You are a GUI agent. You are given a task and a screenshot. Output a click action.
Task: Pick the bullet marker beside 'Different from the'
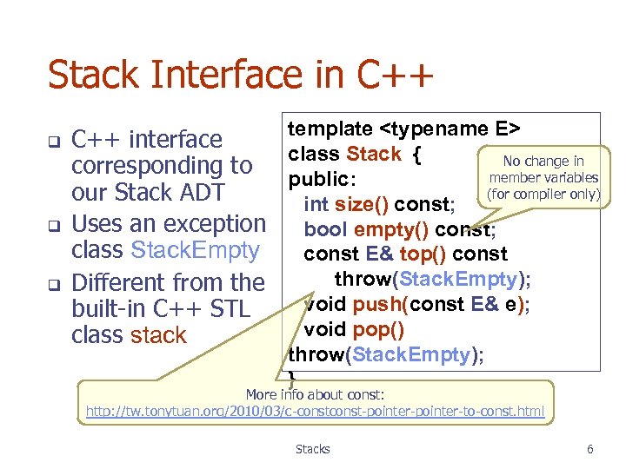click(x=52, y=283)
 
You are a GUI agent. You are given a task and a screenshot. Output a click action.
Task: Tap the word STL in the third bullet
click(x=228, y=308)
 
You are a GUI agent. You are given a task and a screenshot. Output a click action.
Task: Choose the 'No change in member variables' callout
click(x=543, y=177)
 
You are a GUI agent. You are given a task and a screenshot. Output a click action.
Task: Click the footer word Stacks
click(x=312, y=449)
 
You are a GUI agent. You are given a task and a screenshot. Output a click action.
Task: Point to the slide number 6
click(x=589, y=449)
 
